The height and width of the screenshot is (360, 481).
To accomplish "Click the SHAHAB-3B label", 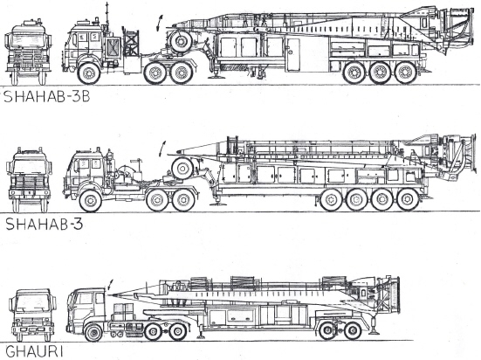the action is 46,97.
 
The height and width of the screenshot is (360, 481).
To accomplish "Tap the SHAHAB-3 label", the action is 45,224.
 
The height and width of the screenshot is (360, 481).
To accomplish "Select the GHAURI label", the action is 34,351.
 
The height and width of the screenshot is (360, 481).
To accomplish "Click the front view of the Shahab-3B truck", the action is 28,52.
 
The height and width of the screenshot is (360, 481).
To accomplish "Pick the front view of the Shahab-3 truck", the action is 29,180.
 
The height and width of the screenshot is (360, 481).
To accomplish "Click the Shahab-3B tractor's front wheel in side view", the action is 89,73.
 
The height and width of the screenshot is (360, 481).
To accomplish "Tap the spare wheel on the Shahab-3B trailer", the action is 181,41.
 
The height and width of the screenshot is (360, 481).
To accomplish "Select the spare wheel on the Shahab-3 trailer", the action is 182,169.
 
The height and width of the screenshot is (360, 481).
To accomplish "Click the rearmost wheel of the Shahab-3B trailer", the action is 406,73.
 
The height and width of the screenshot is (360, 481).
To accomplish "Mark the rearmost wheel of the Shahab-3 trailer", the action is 408,199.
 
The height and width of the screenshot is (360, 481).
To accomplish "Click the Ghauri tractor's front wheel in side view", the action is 93,333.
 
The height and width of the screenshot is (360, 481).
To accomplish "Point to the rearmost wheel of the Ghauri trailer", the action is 353,331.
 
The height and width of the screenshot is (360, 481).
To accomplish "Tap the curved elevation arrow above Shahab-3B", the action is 159,23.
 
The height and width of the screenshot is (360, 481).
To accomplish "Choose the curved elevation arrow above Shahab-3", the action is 162,149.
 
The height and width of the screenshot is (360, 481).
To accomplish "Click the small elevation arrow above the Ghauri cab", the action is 110,285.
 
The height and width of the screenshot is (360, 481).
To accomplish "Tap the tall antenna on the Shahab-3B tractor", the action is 107,17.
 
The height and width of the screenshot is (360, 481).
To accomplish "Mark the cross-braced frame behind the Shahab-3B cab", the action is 131,43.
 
